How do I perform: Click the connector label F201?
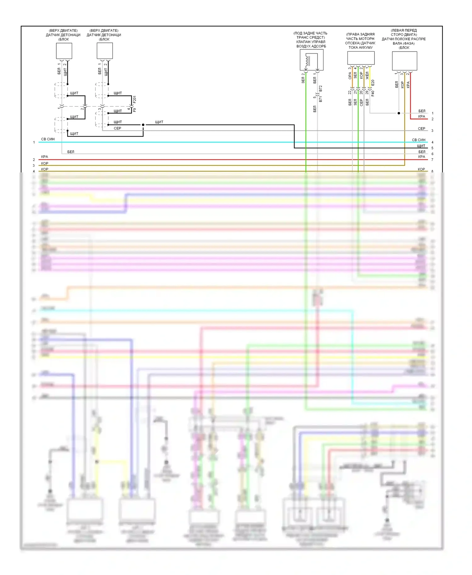(x=135, y=100)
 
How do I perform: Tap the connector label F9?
(x=135, y=110)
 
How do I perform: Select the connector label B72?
(x=320, y=88)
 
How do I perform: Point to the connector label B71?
(x=320, y=99)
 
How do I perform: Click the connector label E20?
(x=373, y=83)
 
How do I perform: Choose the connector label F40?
(x=373, y=93)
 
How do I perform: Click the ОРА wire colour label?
(x=350, y=75)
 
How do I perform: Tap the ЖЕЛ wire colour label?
(x=367, y=75)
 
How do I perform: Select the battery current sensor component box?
(x=361, y=58)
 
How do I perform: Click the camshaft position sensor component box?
(x=404, y=61)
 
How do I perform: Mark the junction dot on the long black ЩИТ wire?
(x=143, y=125)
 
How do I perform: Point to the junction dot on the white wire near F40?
(x=399, y=113)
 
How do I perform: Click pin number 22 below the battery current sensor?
(x=350, y=92)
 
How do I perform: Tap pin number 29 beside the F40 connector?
(x=367, y=92)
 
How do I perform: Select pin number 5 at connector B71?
(x=314, y=97)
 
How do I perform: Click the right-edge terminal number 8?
(x=432, y=171)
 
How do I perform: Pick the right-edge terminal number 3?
(x=432, y=131)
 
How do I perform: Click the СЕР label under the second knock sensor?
(x=117, y=128)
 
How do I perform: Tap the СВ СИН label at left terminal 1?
(x=48, y=139)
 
